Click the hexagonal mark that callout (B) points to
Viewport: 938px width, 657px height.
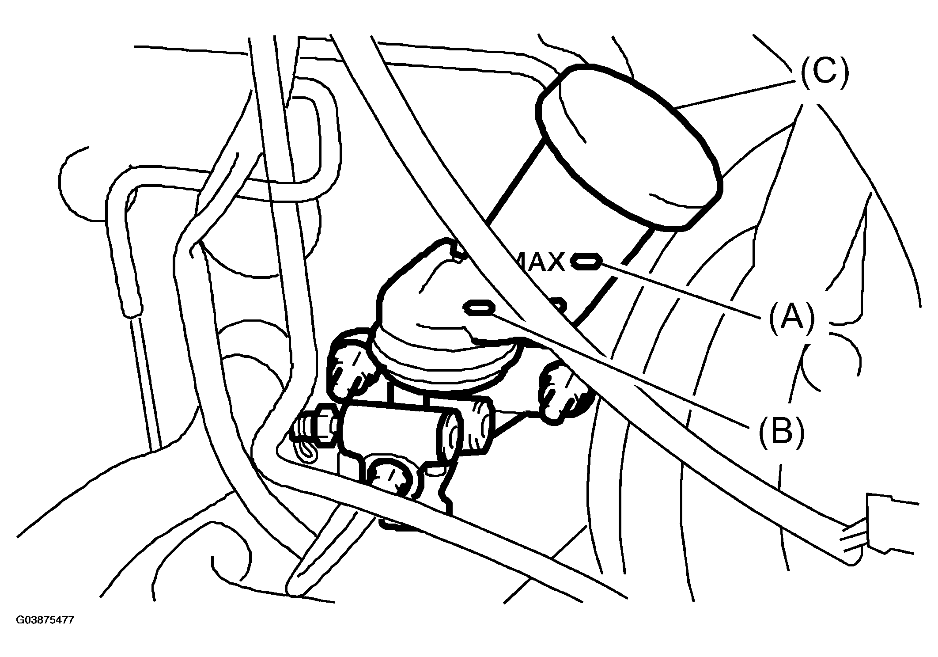479,308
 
